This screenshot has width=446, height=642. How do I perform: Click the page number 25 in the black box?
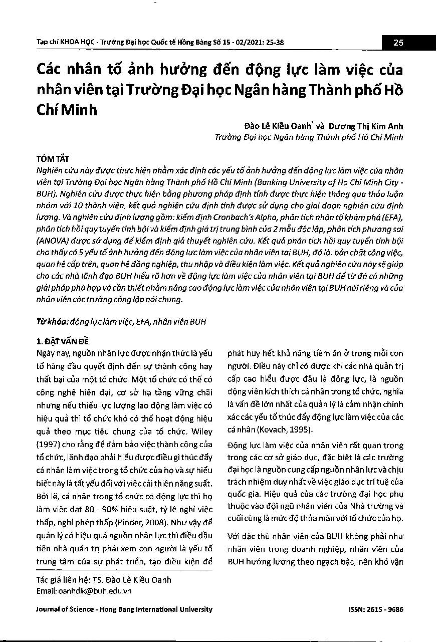tap(398, 43)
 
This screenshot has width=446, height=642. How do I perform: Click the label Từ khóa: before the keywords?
tap(53, 321)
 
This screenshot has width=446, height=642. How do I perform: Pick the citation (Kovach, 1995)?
tap(284, 430)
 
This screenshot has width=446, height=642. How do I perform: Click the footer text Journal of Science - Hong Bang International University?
tap(125, 609)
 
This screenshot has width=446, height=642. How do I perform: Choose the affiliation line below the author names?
tap(309, 137)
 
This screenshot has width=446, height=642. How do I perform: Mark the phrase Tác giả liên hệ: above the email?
tap(61, 580)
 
